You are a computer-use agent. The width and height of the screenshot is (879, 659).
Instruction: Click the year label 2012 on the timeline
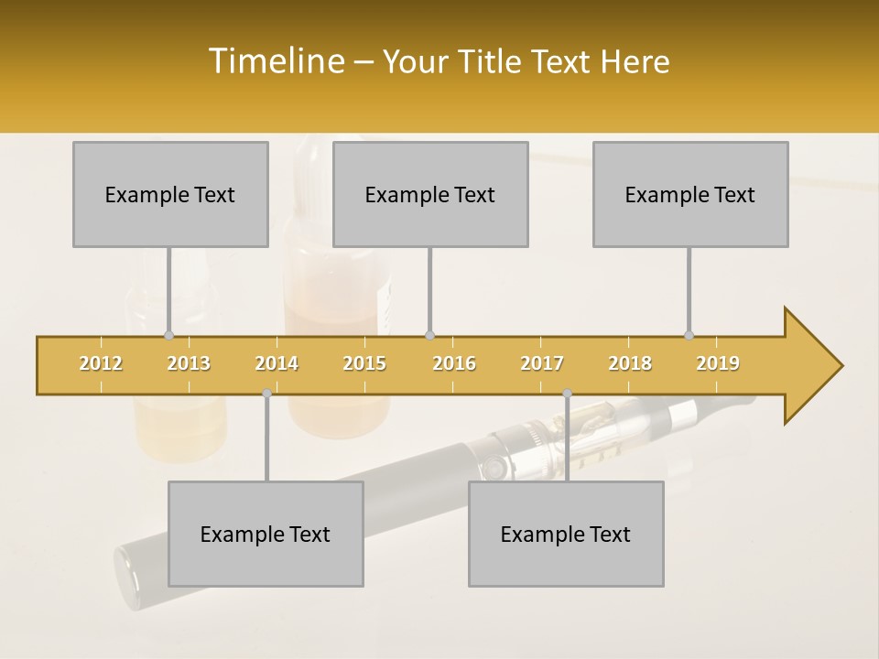click(101, 363)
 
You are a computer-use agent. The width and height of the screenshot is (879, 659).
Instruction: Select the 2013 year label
click(189, 363)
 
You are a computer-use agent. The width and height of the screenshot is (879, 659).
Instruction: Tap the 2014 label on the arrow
click(277, 363)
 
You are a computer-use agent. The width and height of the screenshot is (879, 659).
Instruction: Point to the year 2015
click(364, 363)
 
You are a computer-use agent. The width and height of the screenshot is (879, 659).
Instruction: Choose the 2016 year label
click(454, 363)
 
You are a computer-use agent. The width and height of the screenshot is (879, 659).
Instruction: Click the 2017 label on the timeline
click(542, 363)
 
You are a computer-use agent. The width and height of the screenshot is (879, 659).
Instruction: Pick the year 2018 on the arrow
click(630, 363)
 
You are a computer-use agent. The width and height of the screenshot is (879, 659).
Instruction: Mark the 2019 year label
click(718, 363)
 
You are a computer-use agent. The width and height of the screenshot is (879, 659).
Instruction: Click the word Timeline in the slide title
click(275, 61)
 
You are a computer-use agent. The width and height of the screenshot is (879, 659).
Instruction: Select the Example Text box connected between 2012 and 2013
click(170, 194)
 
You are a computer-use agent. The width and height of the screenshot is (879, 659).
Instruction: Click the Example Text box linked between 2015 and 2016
click(430, 194)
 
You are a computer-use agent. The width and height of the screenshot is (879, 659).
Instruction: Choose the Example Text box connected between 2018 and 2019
click(690, 194)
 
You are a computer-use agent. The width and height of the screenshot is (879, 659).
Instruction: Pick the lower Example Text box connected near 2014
click(266, 534)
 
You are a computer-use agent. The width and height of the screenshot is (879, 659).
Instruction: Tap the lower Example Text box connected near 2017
click(566, 534)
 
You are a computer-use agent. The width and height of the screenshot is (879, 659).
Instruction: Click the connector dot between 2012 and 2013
click(168, 335)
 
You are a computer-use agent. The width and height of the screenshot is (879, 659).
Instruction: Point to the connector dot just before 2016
click(429, 335)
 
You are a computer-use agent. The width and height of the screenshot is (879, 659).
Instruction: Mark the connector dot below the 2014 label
click(266, 393)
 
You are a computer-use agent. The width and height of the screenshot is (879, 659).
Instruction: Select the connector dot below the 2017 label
click(567, 393)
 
